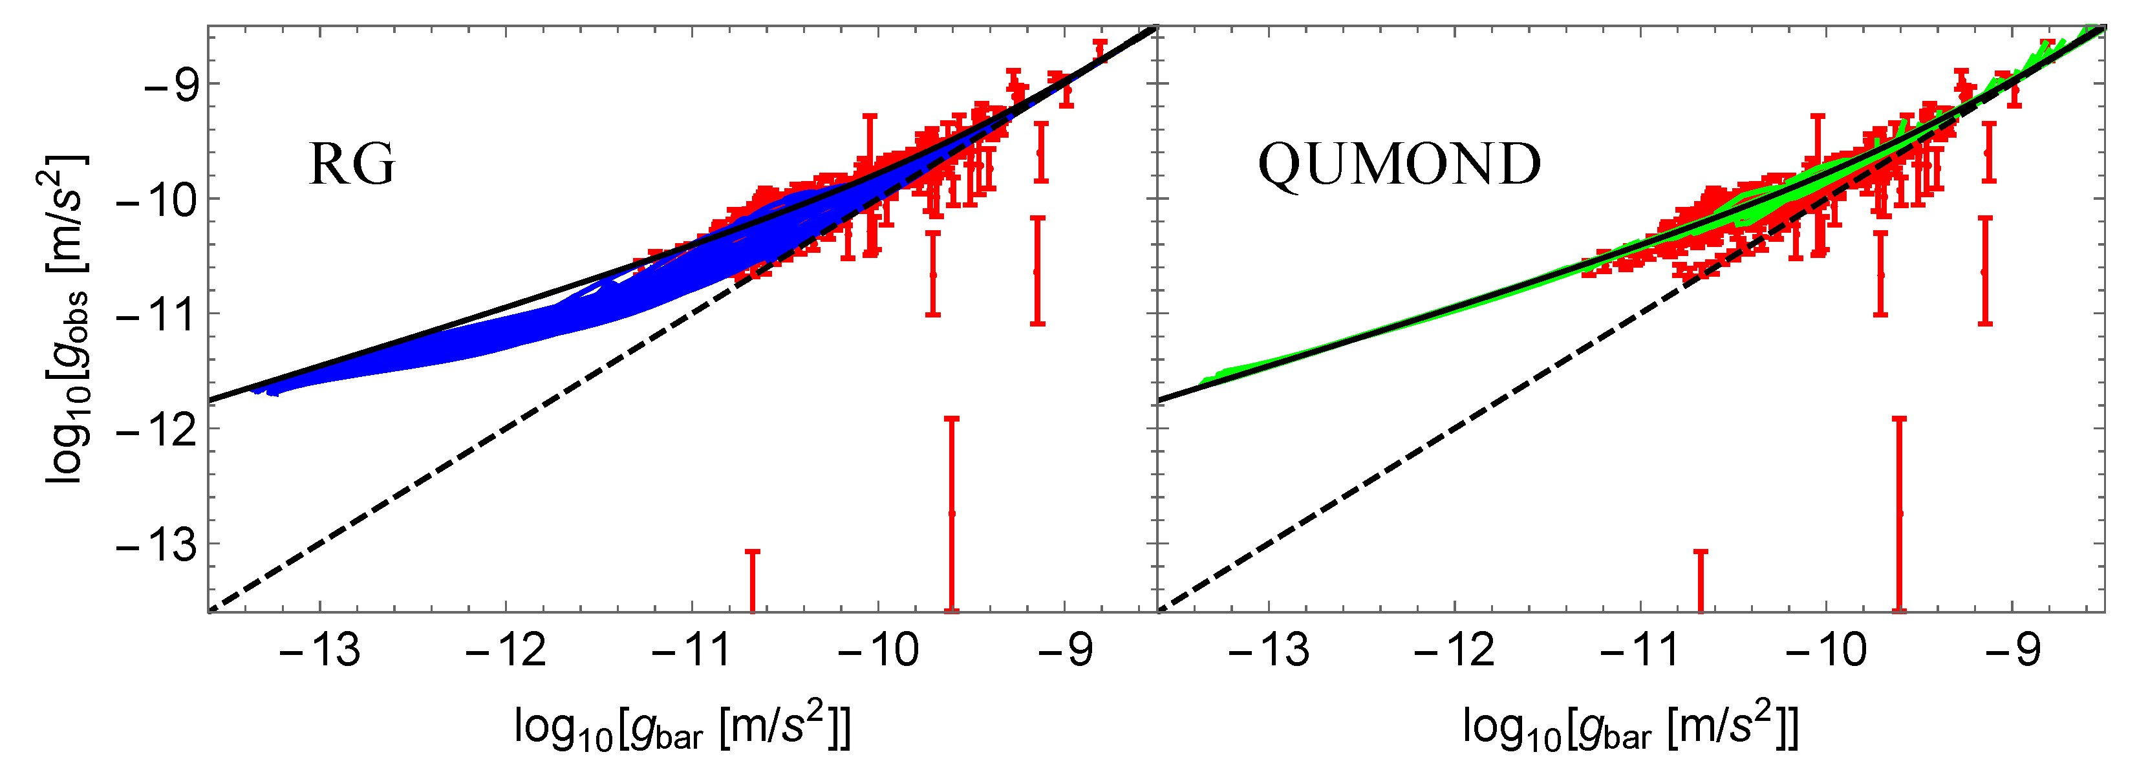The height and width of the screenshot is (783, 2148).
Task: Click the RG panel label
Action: point(352,164)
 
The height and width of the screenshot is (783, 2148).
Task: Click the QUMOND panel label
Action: point(1399,164)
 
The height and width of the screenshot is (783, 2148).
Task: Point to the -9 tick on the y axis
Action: point(171,84)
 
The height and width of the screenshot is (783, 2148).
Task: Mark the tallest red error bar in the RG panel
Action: point(951,513)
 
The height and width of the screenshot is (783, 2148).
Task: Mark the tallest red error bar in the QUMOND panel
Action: point(1900,513)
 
